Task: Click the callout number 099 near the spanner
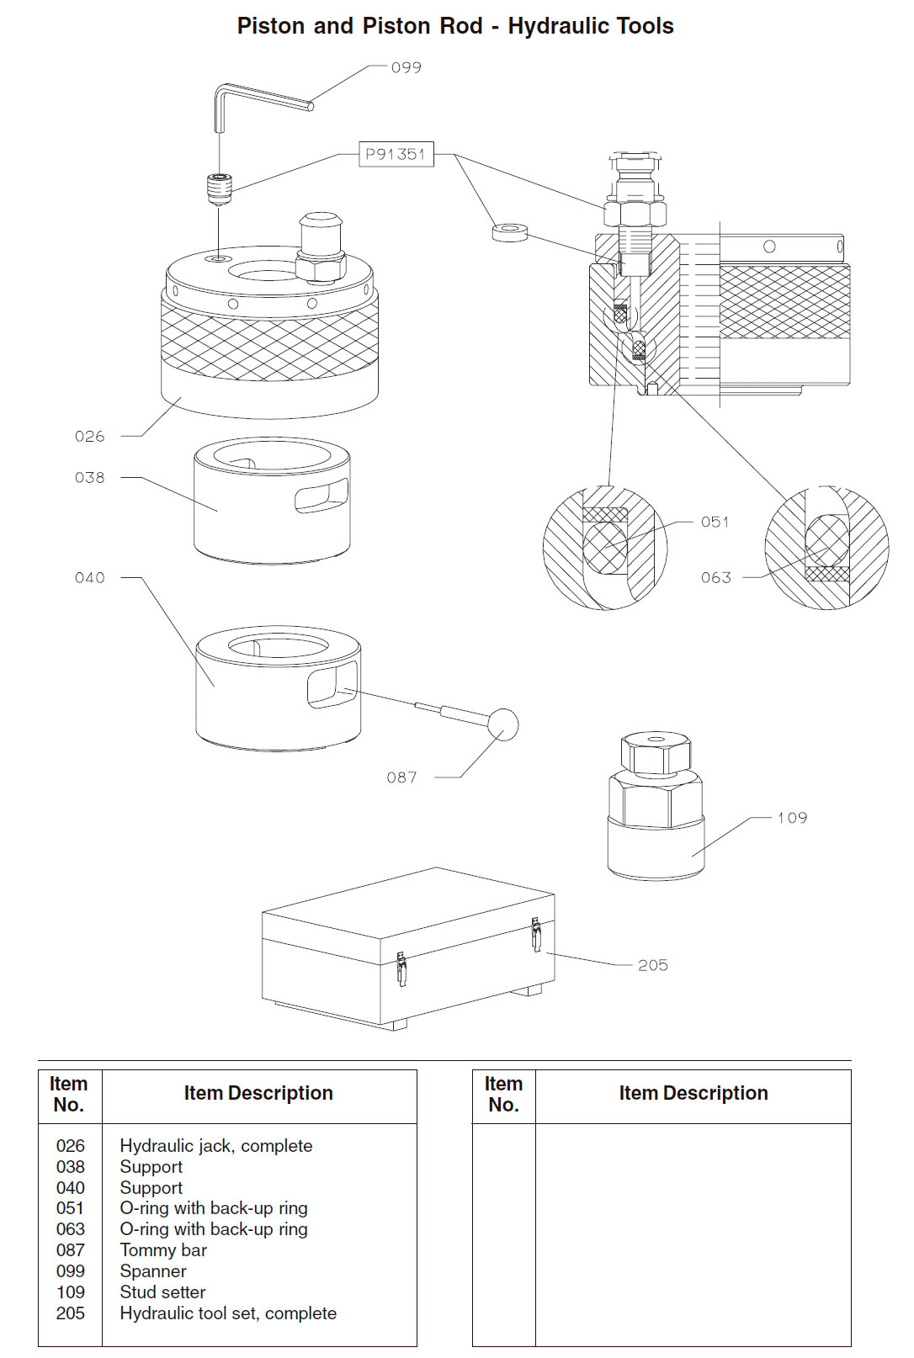(406, 67)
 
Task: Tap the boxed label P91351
(396, 154)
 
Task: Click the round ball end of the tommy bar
(502, 724)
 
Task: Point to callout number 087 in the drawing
(401, 777)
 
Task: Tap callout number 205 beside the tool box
(652, 965)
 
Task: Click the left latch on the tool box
(401, 968)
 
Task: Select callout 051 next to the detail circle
(715, 522)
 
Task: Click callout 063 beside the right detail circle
(715, 577)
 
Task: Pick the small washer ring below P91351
(510, 231)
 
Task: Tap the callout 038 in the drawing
(89, 477)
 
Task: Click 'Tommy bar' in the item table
(163, 1250)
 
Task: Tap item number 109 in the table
(71, 1292)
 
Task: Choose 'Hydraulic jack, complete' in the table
(215, 1146)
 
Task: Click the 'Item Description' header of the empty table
(693, 1093)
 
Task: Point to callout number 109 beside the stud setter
(791, 818)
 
